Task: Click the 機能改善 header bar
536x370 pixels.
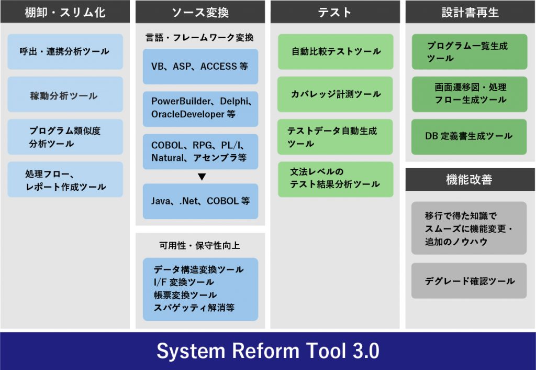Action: pyautogui.click(x=470, y=180)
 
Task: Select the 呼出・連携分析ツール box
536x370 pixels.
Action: pyautogui.click(x=65, y=52)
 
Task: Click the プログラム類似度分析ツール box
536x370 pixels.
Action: pyautogui.click(x=65, y=137)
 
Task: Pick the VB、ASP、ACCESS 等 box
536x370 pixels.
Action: pyautogui.click(x=200, y=67)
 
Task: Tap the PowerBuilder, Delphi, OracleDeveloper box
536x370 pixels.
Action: pyautogui.click(x=200, y=108)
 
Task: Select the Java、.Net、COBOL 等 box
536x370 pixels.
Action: pyautogui.click(x=200, y=201)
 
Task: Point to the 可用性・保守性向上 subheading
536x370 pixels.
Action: pyautogui.click(x=200, y=245)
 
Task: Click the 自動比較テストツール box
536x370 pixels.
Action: pyautogui.click(x=335, y=52)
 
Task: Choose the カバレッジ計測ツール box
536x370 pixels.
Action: pyautogui.click(x=335, y=94)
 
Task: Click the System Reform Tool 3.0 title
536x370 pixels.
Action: pyautogui.click(x=267, y=351)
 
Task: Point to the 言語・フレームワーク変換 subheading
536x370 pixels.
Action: pyautogui.click(x=200, y=38)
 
